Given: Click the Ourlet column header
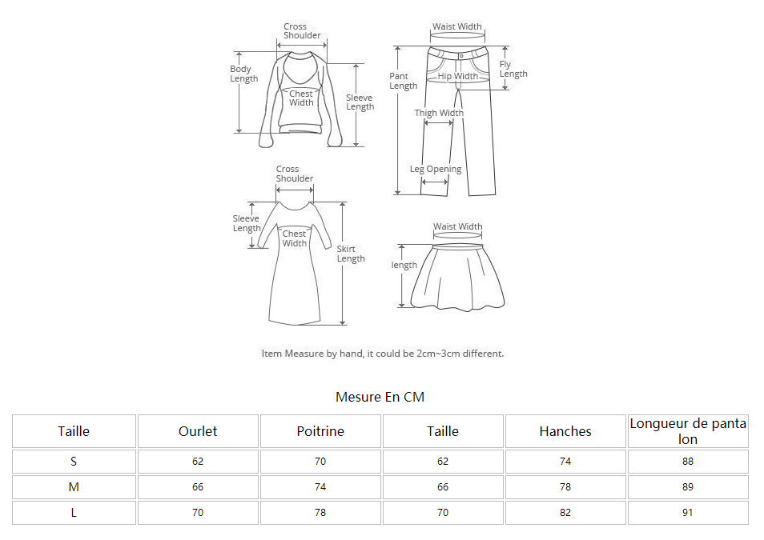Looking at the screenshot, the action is click(198, 431).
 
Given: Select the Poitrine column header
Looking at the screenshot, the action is click(320, 431).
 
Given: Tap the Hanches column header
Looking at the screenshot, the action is click(565, 431).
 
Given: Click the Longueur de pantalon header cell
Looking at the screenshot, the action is click(688, 431).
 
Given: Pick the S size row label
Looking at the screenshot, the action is click(74, 462).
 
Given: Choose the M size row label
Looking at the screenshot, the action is click(74, 487).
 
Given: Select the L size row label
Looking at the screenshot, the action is click(74, 513).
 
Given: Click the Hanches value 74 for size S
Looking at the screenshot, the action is click(565, 462).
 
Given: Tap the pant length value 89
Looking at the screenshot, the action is click(687, 487).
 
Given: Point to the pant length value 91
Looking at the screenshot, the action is click(687, 513).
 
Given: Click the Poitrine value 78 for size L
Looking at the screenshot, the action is click(320, 513).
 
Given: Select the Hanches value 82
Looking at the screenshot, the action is click(565, 513).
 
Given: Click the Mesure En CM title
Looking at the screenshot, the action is click(380, 397).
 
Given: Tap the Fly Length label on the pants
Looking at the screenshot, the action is click(513, 69).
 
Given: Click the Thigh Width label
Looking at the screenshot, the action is click(439, 113).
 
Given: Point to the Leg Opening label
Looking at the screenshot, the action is click(436, 169).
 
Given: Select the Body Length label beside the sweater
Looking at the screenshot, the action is click(244, 74).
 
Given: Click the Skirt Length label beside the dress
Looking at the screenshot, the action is click(351, 254).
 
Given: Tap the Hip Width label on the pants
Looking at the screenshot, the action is click(457, 76).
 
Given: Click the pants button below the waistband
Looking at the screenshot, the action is click(461, 56).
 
